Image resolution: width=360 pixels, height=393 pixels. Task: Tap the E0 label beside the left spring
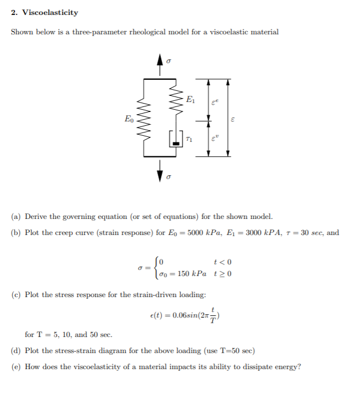128,118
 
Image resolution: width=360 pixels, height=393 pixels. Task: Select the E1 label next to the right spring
190,100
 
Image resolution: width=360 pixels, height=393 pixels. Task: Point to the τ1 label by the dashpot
189,140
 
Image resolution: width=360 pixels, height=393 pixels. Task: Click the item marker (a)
17,217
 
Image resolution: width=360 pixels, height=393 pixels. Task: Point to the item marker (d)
17,351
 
